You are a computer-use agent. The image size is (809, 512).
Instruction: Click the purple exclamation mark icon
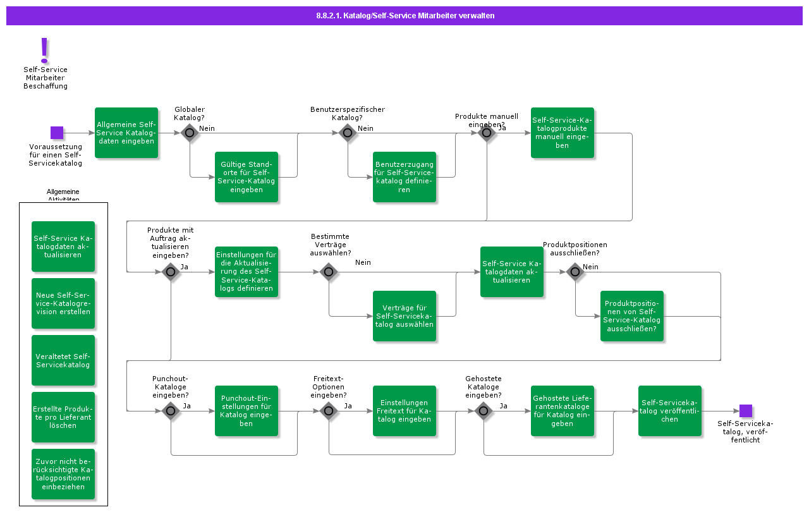coord(44,50)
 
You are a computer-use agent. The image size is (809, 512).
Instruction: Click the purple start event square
coord(57,133)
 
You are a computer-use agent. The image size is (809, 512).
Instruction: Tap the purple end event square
coord(746,411)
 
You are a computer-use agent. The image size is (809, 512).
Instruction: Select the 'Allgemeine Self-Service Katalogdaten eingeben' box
coord(126,133)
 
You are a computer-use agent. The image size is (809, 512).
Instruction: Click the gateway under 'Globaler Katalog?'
coord(190,133)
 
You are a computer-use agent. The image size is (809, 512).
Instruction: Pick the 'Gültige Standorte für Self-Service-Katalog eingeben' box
coord(246,177)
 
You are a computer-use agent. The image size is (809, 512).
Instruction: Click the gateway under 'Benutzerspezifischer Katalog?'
coord(348,133)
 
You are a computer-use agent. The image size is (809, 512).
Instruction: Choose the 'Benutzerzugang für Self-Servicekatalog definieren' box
coord(404,177)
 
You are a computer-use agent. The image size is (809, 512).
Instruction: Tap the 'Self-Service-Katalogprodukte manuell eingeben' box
coord(563,133)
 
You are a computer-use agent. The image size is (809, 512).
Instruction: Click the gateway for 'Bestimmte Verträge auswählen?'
coord(329,272)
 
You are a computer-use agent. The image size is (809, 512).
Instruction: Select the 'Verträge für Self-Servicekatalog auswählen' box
coord(404,316)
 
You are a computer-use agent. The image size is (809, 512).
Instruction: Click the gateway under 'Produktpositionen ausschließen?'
coord(575,272)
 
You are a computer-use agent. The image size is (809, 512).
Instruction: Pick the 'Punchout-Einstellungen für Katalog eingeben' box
coord(246,411)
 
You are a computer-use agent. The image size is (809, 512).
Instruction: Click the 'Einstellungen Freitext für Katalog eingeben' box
coord(404,411)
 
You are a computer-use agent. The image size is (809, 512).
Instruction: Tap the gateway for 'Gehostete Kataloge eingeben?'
coord(484,411)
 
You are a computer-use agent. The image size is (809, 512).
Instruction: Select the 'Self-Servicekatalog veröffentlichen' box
coord(670,411)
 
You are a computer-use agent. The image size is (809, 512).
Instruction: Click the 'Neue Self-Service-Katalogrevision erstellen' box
coord(63,303)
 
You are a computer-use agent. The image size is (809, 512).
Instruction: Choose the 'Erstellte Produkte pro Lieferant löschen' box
coord(63,417)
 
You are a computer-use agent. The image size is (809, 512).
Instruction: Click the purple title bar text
coord(405,16)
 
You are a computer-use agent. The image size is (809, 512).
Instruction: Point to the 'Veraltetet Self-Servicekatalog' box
coord(63,360)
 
